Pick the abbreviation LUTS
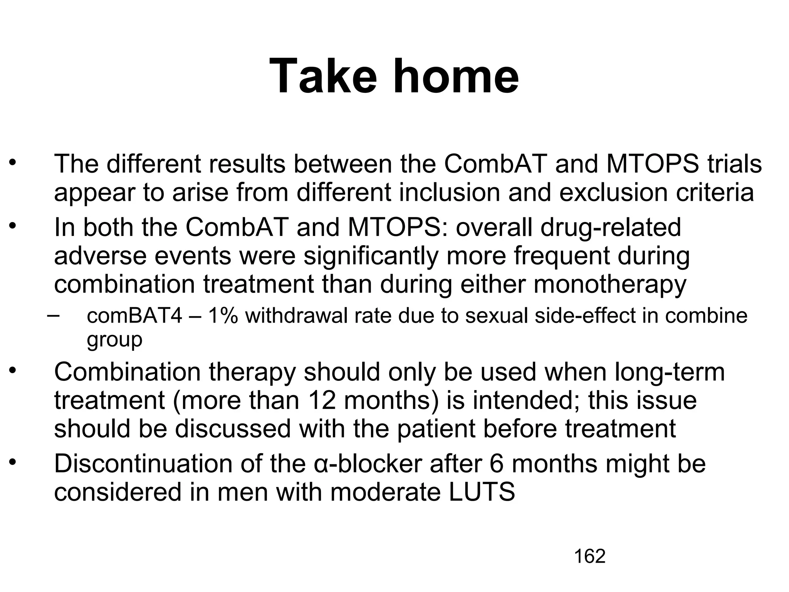[482, 492]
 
